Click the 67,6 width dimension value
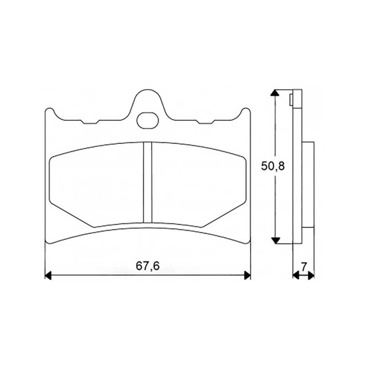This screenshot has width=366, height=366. coord(148,266)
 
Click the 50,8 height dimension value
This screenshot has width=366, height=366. coord(273,167)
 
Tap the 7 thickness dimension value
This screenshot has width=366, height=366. coord(303,267)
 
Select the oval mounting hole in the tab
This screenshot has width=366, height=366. coord(147,120)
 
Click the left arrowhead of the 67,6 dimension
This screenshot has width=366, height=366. coord(48,275)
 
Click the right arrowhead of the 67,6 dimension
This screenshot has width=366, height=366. coord(247,275)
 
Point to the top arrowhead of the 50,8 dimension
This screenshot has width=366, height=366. coord(275,93)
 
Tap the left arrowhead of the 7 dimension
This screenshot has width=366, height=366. coord(296,275)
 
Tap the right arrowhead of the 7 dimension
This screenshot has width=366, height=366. coord(311,275)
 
